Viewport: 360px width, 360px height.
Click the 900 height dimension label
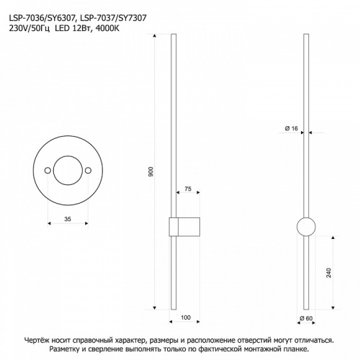tap(151, 172)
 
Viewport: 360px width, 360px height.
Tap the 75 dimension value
tap(188, 189)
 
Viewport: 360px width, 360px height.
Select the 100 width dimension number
tap(186, 318)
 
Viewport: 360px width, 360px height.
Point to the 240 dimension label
tap(329, 273)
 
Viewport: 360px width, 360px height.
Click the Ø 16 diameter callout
tap(292, 129)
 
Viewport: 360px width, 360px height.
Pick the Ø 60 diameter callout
tap(306, 318)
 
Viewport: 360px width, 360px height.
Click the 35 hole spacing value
tap(68, 219)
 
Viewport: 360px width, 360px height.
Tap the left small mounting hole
tap(48, 171)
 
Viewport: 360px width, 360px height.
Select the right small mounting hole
tap(89, 171)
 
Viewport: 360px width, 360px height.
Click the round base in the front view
tap(306, 227)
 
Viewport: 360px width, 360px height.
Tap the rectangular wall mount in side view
tap(184, 227)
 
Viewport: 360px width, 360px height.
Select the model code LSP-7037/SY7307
tap(113, 18)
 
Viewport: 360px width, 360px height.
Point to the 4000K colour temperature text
tap(107, 29)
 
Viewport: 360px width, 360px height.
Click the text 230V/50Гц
tap(30, 29)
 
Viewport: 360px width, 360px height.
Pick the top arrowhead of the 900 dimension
tap(155, 36)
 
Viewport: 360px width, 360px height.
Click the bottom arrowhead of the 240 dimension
tap(333, 307)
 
